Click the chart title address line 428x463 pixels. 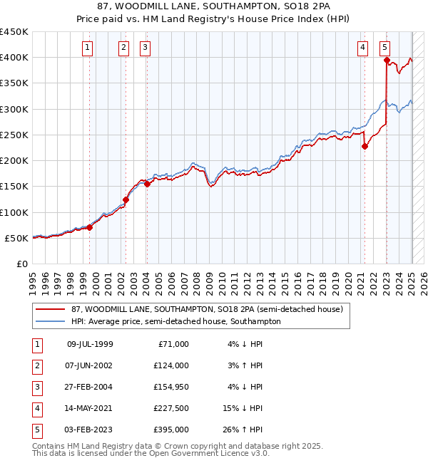(213, 7)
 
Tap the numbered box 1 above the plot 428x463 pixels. (87, 48)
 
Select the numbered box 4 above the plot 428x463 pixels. (362, 48)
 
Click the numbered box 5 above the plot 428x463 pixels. (384, 48)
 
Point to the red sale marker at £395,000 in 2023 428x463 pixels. (386, 61)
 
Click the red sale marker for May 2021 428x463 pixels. (365, 147)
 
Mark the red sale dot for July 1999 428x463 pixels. (90, 227)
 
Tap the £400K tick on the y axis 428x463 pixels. (14, 58)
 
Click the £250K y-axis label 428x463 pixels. (14, 135)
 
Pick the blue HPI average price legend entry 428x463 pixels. (175, 322)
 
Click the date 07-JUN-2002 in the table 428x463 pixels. (90, 365)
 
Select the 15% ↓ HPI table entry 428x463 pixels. (243, 408)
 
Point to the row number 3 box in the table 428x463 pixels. (36, 387)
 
